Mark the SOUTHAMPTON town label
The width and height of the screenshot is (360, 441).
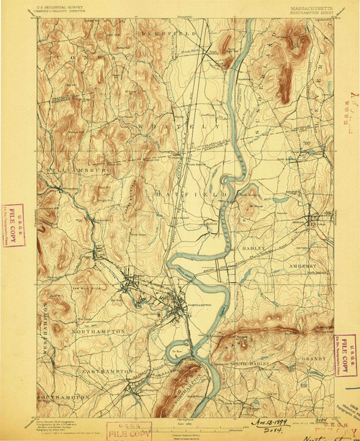tap(66, 396)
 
